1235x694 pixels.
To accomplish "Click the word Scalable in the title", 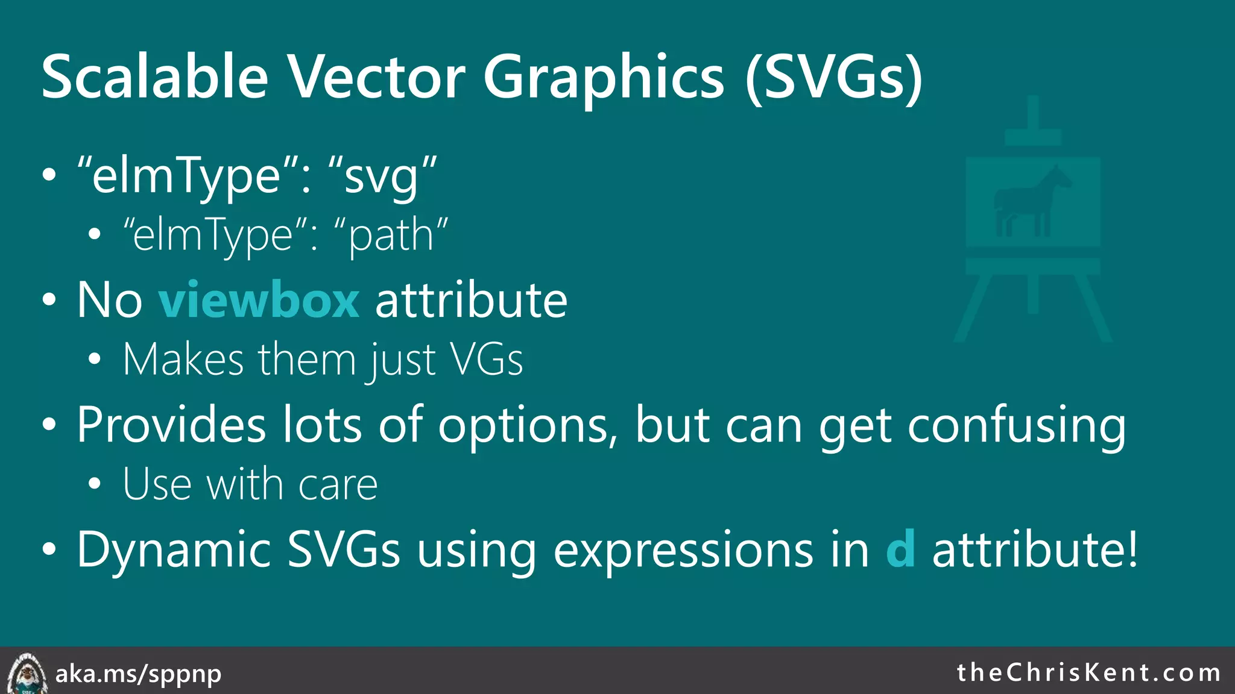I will click(154, 77).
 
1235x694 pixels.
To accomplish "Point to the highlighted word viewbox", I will click(259, 300).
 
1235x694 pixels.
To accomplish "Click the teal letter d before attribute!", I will click(900, 549).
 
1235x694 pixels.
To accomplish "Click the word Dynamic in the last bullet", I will click(174, 550).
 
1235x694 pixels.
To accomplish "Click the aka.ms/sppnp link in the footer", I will click(138, 674).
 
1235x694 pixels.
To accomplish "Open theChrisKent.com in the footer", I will click(1088, 672).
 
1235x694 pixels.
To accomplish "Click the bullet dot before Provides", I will click(49, 425).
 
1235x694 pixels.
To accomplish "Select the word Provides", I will click(171, 425).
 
